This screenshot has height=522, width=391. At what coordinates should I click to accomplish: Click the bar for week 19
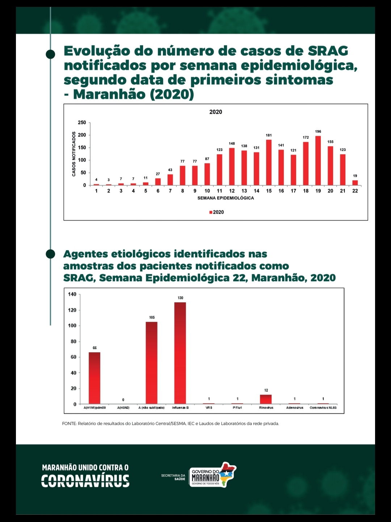tap(318, 161)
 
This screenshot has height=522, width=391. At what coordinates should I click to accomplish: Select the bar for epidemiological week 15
tap(269, 163)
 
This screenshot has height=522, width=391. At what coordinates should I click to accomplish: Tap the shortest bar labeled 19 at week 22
tap(355, 182)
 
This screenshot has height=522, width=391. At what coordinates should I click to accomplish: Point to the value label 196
tap(318, 132)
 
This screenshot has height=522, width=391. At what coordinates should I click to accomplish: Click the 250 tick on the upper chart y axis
tap(82, 123)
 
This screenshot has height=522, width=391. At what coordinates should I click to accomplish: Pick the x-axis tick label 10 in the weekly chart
tap(207, 191)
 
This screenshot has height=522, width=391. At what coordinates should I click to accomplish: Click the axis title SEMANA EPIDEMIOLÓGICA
tap(226, 198)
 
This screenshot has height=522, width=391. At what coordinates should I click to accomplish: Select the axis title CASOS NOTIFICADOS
tap(74, 154)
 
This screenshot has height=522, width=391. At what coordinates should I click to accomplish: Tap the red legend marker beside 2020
tap(211, 212)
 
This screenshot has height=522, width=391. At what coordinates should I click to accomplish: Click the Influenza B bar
tap(180, 353)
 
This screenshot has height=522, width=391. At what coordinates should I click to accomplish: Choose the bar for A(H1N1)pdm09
tap(94, 378)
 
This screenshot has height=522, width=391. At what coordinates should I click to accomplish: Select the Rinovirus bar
tap(266, 399)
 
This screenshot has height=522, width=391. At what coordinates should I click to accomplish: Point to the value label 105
tap(152, 317)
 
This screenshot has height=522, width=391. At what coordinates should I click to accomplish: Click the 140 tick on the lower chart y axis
tap(72, 294)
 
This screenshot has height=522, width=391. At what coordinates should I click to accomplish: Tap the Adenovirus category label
tap(295, 408)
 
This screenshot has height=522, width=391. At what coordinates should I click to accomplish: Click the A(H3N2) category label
tap(123, 408)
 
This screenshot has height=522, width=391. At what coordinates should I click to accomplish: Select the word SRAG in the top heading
tap(328, 51)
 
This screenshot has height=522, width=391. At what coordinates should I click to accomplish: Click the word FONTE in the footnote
tap(69, 424)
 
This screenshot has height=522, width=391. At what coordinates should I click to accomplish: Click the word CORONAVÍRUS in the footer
tap(85, 481)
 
